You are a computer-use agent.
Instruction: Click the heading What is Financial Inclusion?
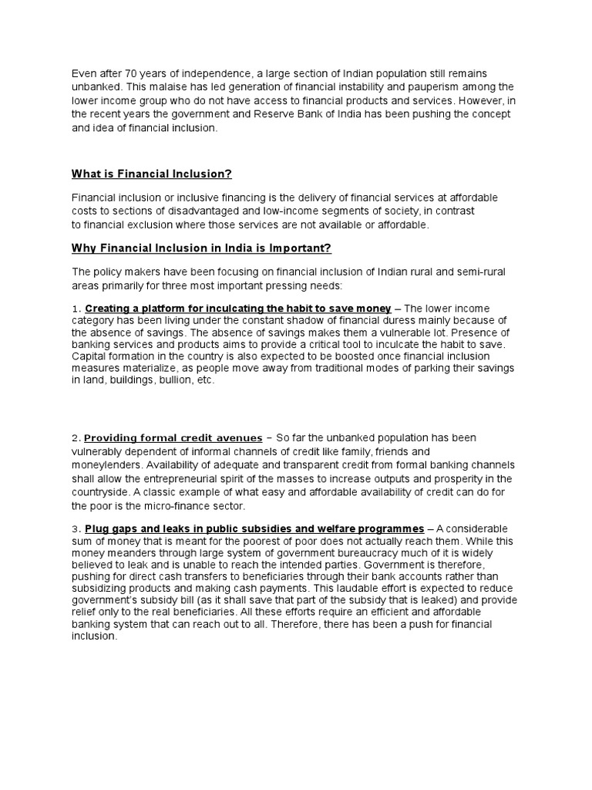click(152, 174)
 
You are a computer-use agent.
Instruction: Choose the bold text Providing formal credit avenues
click(173, 437)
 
